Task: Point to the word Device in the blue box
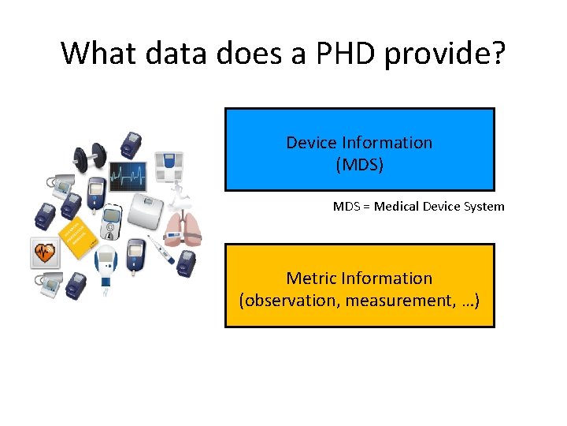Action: [x=313, y=143]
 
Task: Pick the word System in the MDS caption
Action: [x=485, y=207]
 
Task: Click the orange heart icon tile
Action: [x=45, y=253]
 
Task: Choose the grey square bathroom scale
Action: [x=147, y=210]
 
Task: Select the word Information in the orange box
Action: [x=395, y=278]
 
